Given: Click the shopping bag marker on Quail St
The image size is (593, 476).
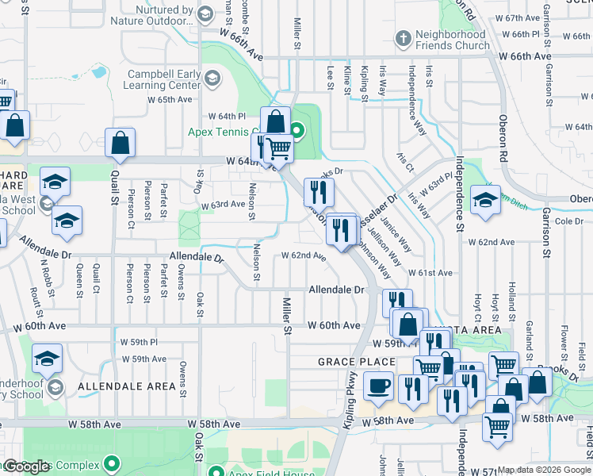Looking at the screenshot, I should click(120, 143).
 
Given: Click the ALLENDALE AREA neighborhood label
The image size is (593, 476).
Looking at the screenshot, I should click(127, 386).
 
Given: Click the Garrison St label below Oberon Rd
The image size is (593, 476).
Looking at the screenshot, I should click(546, 239).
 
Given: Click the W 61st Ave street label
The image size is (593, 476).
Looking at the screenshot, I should click(430, 273).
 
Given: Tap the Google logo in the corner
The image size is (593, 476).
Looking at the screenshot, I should click(26, 466).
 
